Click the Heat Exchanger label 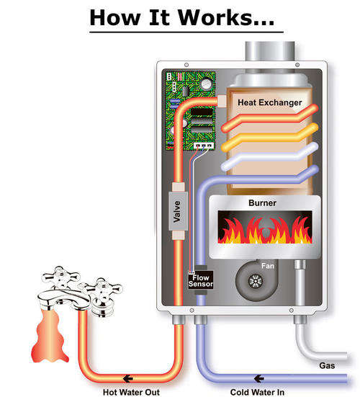(270, 102)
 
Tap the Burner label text (262, 202)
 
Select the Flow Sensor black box (201, 280)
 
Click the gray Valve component (178, 211)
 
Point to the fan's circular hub (256, 281)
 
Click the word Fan (268, 266)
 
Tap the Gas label (327, 365)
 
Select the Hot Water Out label (131, 392)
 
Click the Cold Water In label (257, 392)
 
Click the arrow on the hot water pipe (128, 379)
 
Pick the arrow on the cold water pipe (258, 379)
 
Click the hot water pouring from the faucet (50, 335)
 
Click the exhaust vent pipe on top (270, 51)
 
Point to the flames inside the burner (265, 230)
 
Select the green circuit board (190, 111)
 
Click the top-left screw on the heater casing (186, 65)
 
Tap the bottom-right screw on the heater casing (292, 311)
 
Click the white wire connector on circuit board (204, 146)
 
